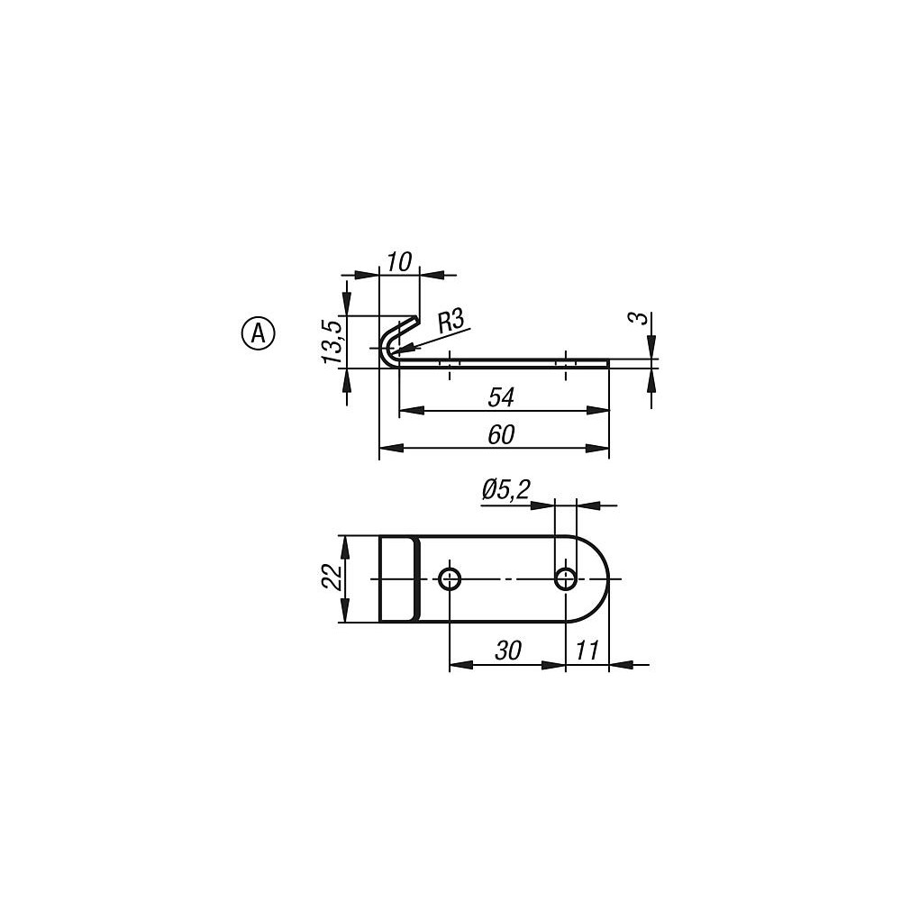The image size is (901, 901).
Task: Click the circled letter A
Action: (259, 332)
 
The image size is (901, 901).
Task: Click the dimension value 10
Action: (399, 262)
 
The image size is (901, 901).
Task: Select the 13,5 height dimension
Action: (332, 341)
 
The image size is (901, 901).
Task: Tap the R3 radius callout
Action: (450, 322)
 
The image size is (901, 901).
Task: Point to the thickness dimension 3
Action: (641, 318)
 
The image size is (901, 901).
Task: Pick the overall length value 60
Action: (500, 435)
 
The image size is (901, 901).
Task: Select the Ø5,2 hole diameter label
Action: (505, 491)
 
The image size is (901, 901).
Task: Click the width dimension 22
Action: (332, 577)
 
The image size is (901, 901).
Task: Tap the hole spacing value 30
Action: (508, 651)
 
